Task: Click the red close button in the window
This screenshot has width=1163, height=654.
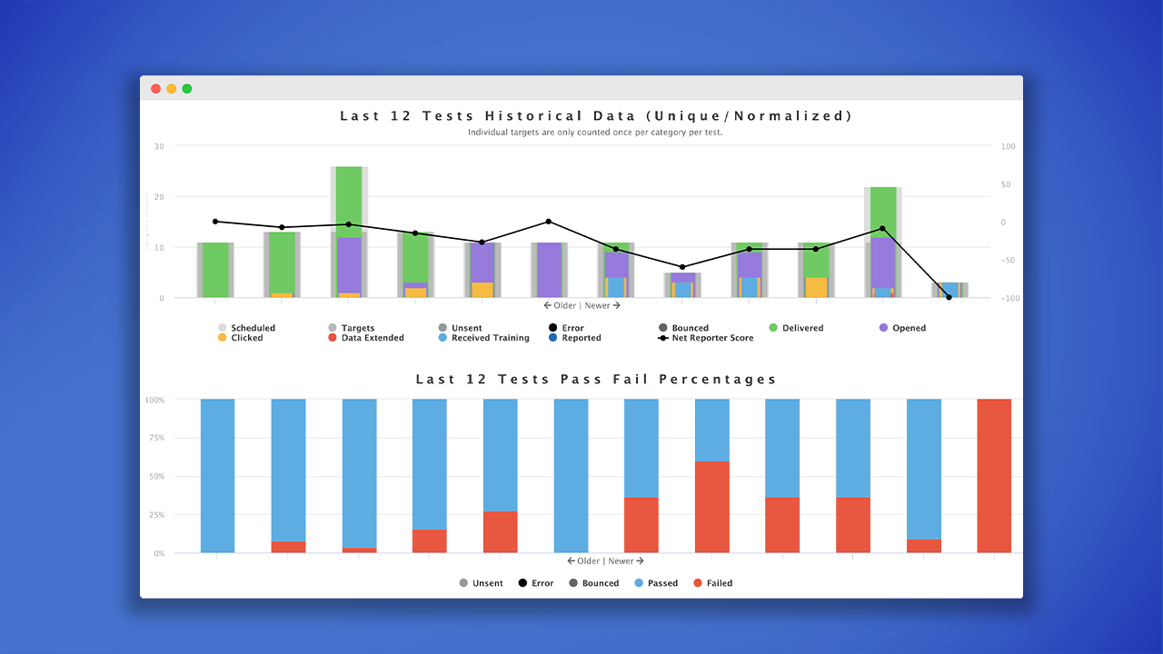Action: (156, 89)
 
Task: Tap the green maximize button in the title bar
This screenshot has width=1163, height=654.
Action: (187, 89)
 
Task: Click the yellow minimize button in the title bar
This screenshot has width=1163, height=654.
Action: (172, 89)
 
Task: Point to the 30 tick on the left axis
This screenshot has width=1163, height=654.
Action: (159, 146)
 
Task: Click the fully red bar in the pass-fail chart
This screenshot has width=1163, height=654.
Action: (994, 475)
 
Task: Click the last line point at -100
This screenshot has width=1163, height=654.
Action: (949, 297)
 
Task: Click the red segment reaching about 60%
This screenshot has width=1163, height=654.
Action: (711, 507)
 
